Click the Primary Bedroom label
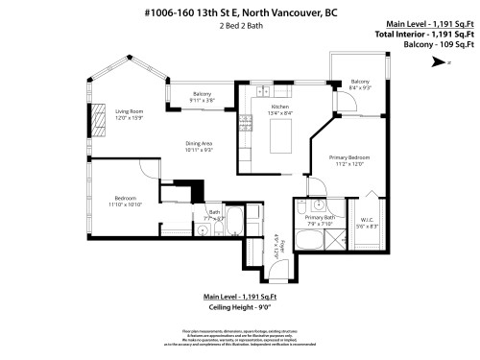(351, 160)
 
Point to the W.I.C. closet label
(368, 223)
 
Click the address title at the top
(240, 12)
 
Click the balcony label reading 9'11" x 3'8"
(202, 96)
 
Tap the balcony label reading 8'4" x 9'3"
(360, 85)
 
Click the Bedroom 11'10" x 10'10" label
(125, 204)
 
